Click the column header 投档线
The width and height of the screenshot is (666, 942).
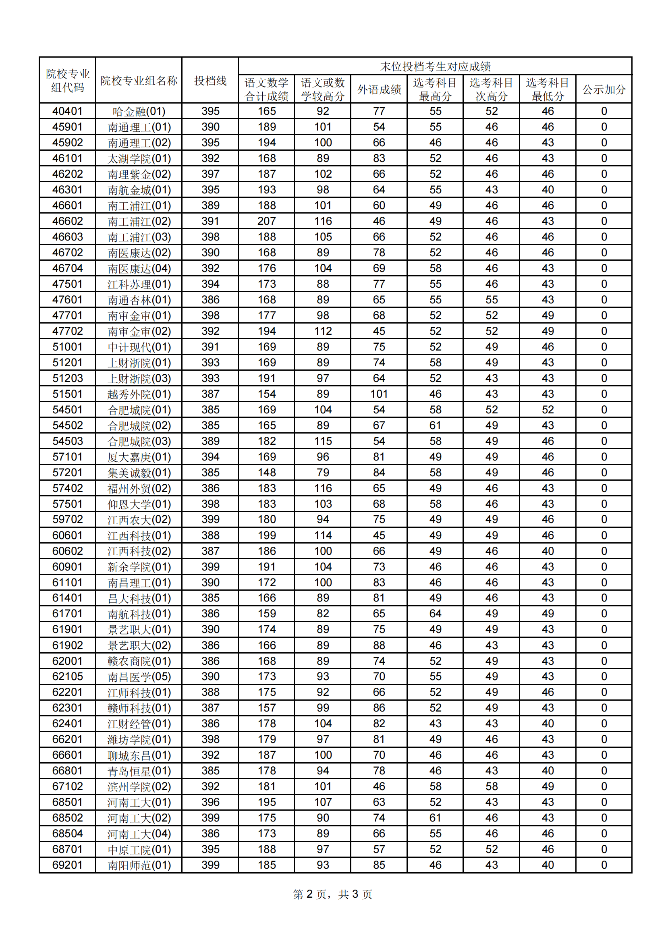210,81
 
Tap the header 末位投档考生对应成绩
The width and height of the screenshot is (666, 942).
435,66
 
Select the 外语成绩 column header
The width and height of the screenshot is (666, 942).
379,89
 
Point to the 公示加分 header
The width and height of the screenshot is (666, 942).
604,89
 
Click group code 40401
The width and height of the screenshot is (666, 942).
67,111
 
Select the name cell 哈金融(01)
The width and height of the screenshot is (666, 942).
139,111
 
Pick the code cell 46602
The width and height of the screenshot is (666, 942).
67,221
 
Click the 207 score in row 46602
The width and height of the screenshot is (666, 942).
266,221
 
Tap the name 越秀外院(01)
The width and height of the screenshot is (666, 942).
139,394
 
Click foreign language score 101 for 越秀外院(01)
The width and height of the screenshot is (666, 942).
379,394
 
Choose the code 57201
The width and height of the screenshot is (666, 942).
67,473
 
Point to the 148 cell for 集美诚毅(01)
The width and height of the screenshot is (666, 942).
266,473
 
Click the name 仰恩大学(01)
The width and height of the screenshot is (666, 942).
139,504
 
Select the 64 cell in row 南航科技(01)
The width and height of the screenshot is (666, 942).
435,614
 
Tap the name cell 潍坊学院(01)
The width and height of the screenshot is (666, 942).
139,739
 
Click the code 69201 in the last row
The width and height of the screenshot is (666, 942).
67,865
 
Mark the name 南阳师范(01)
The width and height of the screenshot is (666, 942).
139,865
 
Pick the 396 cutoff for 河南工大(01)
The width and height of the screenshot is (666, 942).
210,802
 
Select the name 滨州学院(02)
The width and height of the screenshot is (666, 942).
139,786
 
